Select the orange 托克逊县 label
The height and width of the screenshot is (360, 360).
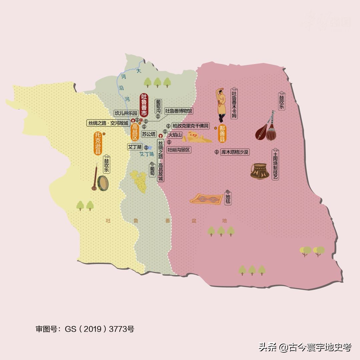[98, 144]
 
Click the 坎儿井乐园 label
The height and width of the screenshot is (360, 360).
[126, 113]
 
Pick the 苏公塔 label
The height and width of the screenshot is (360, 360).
[149, 134]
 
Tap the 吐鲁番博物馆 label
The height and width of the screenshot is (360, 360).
[179, 111]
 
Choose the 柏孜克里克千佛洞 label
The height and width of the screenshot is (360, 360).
[191, 126]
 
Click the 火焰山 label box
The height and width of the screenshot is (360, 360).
[175, 135]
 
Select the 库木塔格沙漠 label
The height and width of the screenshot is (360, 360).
[234, 152]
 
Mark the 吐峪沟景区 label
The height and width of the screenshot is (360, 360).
[179, 150]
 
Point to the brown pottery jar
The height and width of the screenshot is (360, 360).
[260, 171]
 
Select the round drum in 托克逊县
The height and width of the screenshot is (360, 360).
[103, 183]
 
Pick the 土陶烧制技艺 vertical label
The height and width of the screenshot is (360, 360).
[275, 165]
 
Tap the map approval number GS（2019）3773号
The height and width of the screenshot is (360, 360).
[85, 329]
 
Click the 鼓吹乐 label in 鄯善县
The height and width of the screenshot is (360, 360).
[281, 101]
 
